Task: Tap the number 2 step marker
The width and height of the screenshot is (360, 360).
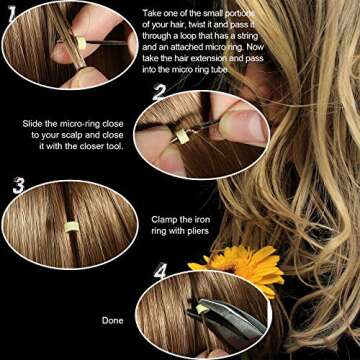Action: tap(159, 94)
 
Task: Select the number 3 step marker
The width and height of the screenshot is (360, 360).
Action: tap(17, 185)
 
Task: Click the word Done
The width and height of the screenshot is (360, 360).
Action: tap(113, 321)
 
